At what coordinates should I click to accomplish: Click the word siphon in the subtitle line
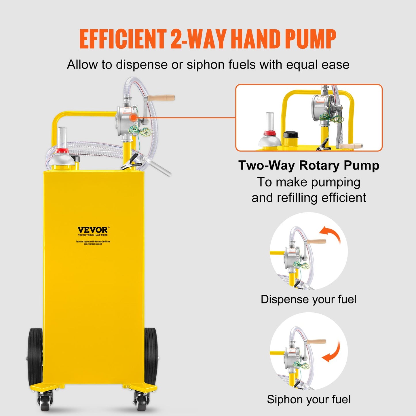(206, 64)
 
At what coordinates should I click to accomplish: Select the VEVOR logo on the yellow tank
(93, 230)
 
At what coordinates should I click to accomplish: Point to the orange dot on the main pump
(133, 117)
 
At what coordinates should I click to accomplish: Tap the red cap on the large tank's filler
(62, 151)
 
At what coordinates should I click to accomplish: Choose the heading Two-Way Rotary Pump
(309, 166)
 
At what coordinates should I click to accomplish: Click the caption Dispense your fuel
(308, 299)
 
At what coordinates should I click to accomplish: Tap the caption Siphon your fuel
(308, 400)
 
